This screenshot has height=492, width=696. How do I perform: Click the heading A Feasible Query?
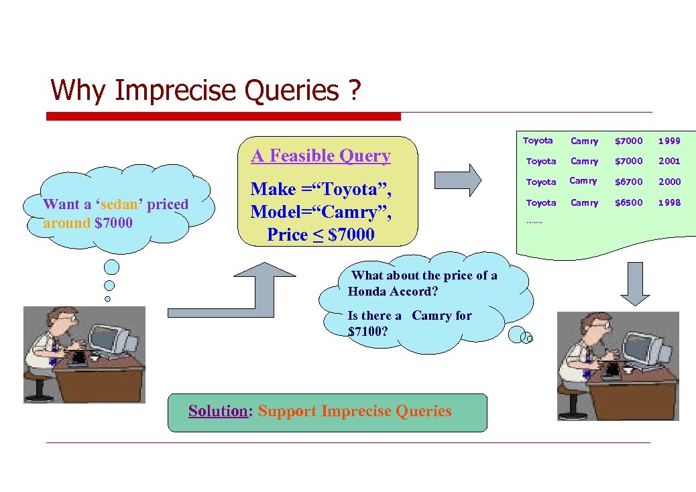pyautogui.click(x=321, y=156)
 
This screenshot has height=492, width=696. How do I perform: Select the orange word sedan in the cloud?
pyautogui.click(x=118, y=204)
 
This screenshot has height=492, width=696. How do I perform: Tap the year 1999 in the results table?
pyautogui.click(x=669, y=141)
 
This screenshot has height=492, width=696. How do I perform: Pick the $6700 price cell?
pyautogui.click(x=628, y=182)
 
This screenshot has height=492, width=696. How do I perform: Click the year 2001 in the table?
pyautogui.click(x=669, y=161)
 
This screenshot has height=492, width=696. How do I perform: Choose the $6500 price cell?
pyautogui.click(x=628, y=202)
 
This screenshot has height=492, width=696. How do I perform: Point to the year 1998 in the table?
pyautogui.click(x=669, y=202)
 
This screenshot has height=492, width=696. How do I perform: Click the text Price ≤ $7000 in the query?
pyautogui.click(x=321, y=235)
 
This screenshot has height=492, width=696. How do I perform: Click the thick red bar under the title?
pyautogui.click(x=223, y=117)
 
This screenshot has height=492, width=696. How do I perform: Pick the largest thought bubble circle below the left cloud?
pyautogui.click(x=112, y=267)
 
